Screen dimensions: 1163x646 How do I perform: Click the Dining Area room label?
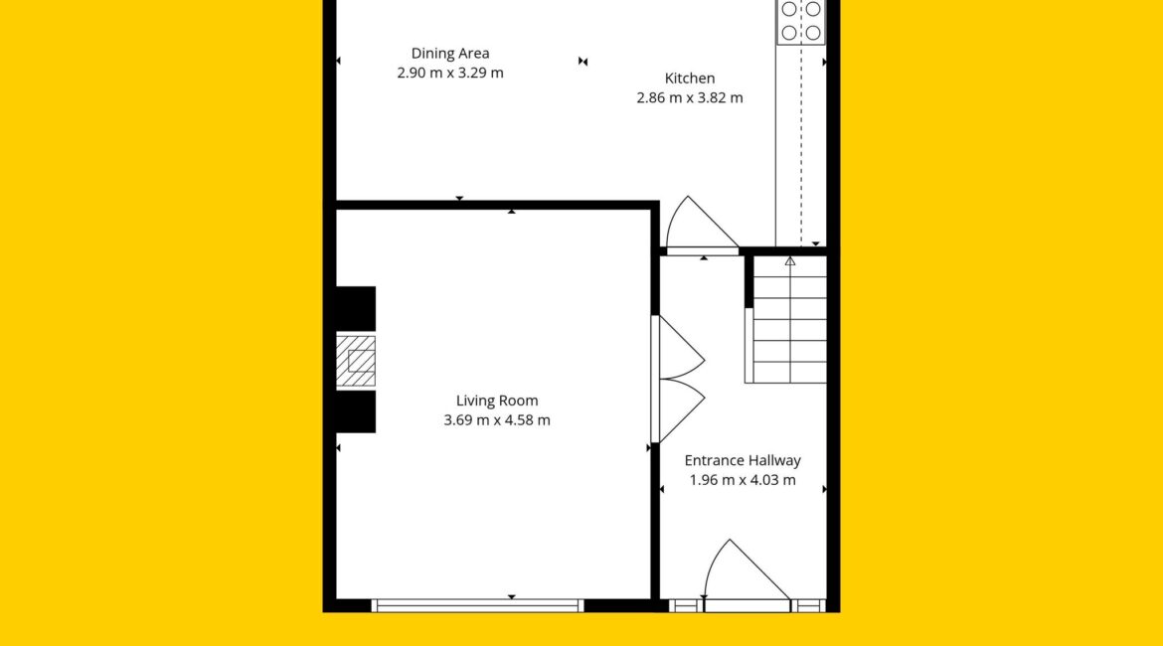coord(450,54)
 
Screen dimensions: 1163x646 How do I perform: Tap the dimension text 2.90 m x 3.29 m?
coord(450,73)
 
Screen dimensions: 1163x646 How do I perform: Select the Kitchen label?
coord(690,78)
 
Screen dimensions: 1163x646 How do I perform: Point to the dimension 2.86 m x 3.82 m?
coord(690,98)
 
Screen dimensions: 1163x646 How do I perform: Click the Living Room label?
coord(497,401)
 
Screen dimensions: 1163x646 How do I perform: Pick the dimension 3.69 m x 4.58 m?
coord(497,420)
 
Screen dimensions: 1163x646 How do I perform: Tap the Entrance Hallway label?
coord(743,460)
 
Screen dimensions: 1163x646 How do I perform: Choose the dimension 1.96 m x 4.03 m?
coord(743,480)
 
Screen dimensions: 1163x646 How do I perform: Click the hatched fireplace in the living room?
coord(356,361)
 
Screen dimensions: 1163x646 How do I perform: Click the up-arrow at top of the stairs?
coord(790,261)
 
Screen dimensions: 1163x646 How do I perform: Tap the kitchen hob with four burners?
coord(801,22)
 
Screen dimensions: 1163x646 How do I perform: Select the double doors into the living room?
coord(678,379)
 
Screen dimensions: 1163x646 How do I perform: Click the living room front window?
coord(478,606)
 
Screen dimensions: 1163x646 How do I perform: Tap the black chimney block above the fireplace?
coord(356,308)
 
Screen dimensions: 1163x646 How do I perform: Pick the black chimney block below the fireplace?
coord(356,411)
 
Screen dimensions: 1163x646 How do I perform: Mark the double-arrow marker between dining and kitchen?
coord(582,62)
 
